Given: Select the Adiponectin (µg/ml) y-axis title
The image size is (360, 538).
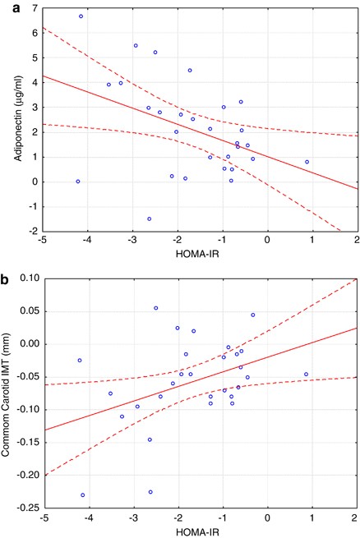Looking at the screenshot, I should (x=9, y=120).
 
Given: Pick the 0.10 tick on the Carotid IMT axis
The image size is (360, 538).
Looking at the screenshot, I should (x=22, y=278).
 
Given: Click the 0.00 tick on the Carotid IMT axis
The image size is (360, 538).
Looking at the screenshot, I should (x=22, y=344).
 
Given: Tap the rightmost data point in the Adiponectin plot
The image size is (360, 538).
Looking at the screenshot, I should (x=307, y=162).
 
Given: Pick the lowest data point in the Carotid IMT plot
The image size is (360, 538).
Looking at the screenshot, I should (x=83, y=494).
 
